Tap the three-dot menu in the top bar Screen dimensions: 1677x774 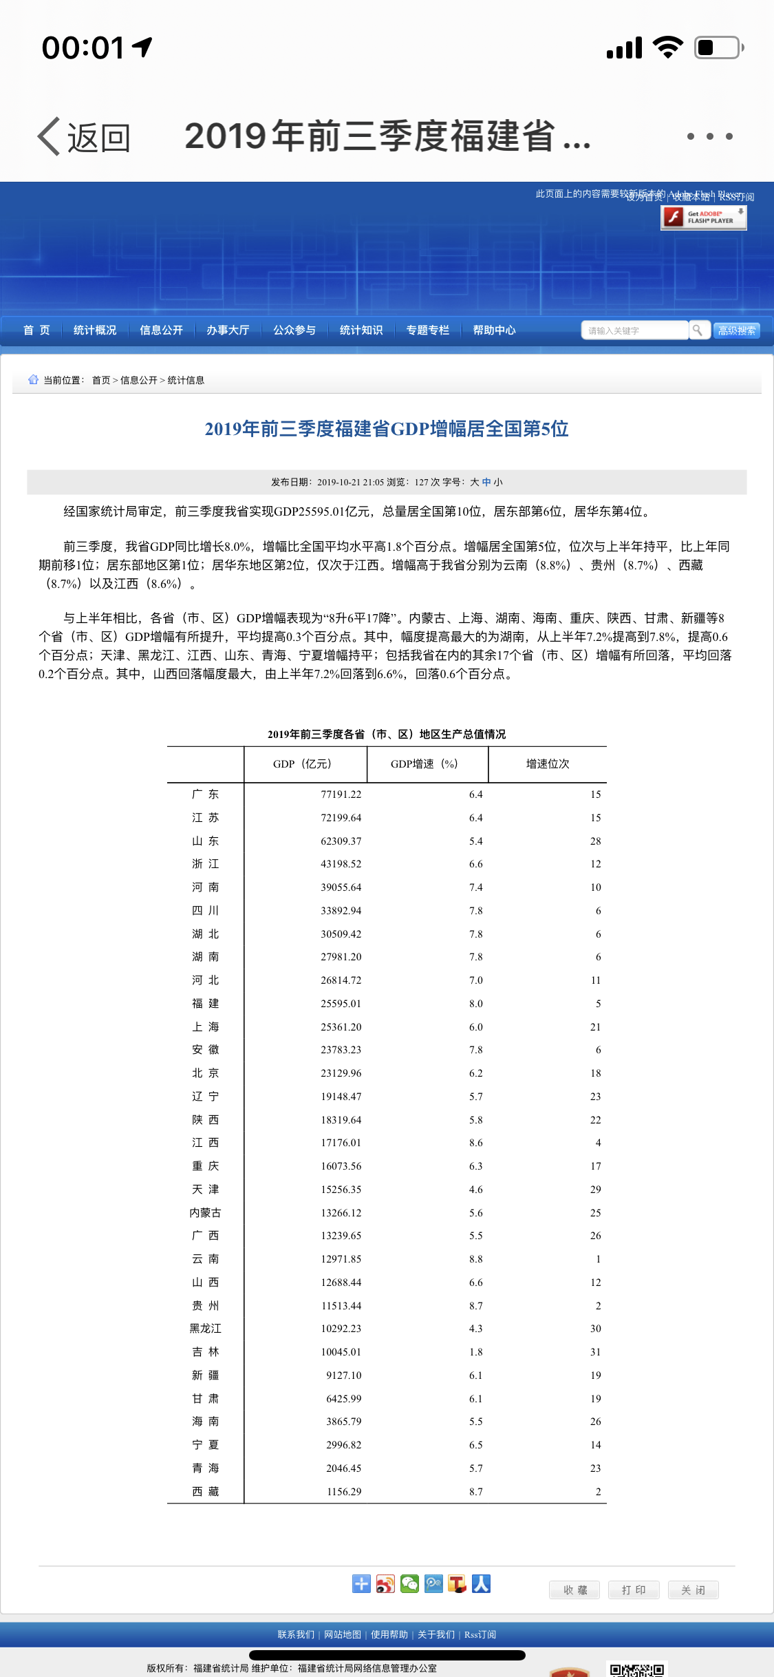pyautogui.click(x=709, y=136)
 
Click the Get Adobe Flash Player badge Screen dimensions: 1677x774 pyautogui.click(x=703, y=218)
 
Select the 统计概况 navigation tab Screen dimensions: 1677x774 pyautogui.click(x=95, y=330)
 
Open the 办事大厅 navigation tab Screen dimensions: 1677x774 pyautogui.click(x=228, y=330)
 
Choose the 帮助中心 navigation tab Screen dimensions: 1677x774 pyautogui.click(x=494, y=330)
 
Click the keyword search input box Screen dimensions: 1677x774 pyautogui.click(x=634, y=330)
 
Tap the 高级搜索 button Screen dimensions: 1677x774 pyautogui.click(x=736, y=330)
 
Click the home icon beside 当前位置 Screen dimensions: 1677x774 pyautogui.click(x=33, y=379)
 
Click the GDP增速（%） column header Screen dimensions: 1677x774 pyautogui.click(x=424, y=764)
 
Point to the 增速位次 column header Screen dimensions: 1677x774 pyautogui.click(x=548, y=764)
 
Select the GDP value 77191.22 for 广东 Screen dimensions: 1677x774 pyautogui.click(x=341, y=794)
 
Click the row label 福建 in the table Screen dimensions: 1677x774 pyautogui.click(x=205, y=1004)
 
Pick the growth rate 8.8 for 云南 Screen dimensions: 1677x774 pyautogui.click(x=475, y=1259)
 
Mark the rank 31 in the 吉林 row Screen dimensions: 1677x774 pyautogui.click(x=595, y=1352)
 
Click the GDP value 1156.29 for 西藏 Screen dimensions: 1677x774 pyautogui.click(x=343, y=1492)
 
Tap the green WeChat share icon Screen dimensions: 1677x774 pyautogui.click(x=409, y=1584)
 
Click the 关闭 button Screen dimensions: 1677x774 pyautogui.click(x=693, y=1590)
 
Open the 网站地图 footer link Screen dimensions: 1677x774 pyautogui.click(x=343, y=1634)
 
